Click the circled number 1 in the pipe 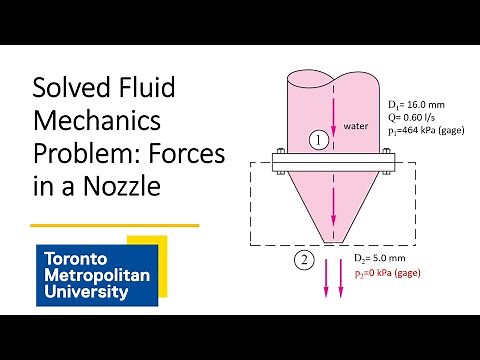[x=315, y=141]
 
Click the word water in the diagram [x=357, y=126]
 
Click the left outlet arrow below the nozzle [x=321, y=284]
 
